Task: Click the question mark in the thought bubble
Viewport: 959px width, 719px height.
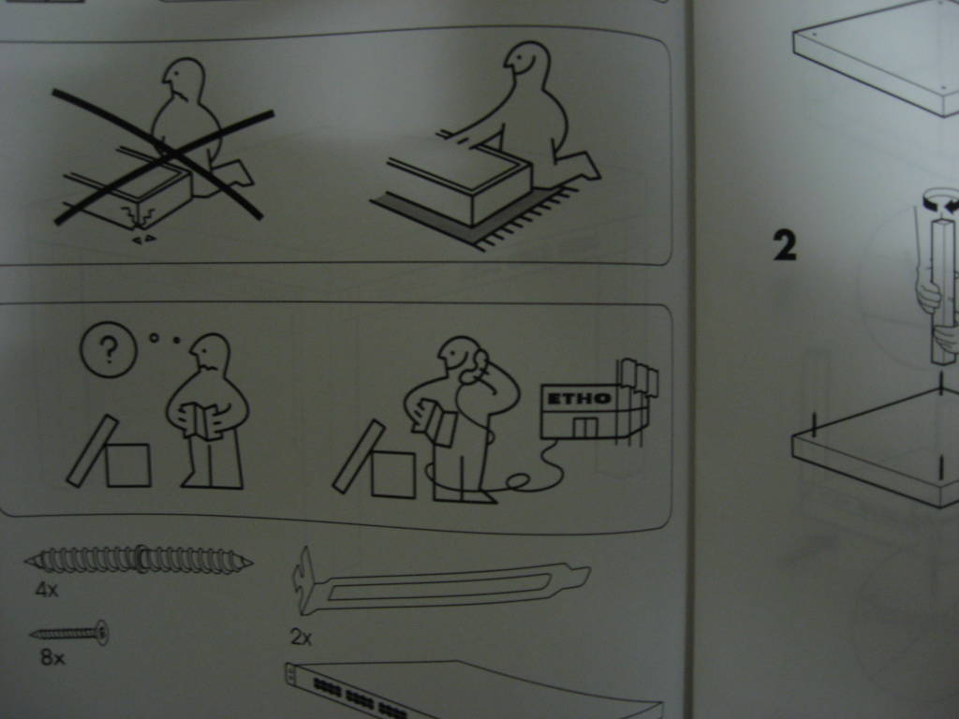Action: [109, 350]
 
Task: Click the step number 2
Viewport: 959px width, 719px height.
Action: [786, 245]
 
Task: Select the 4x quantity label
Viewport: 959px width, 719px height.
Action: [47, 590]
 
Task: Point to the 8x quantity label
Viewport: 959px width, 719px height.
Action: [53, 658]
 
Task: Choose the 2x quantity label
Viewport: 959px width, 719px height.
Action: [301, 638]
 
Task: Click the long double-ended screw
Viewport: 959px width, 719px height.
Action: [139, 560]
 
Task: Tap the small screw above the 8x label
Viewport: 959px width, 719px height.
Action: [69, 634]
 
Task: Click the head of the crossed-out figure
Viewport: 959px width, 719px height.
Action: [182, 79]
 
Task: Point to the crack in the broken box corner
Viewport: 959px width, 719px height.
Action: [141, 216]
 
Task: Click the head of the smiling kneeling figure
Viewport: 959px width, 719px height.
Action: [526, 64]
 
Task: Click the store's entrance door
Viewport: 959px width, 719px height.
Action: [584, 427]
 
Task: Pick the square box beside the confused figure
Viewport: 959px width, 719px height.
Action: [127, 465]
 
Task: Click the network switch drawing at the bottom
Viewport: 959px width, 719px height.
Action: [471, 691]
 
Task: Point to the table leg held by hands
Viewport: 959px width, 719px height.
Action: [943, 292]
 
